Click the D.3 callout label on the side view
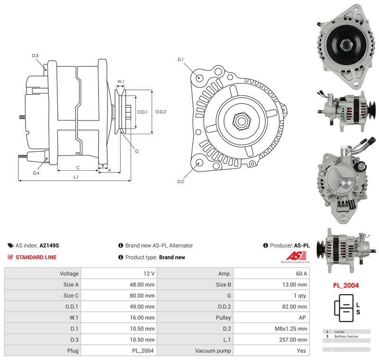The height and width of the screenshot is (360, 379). pyautogui.click(x=35, y=55)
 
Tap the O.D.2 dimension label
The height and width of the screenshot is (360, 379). pyautogui.click(x=161, y=112)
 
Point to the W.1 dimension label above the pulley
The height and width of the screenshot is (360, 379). pyautogui.click(x=121, y=82)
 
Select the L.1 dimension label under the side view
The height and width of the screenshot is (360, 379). pyautogui.click(x=76, y=177)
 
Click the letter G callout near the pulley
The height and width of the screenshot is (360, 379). pyautogui.click(x=137, y=151)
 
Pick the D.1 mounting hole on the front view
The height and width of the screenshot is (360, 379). pyautogui.click(x=199, y=77)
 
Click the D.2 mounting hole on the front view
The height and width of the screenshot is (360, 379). pyautogui.click(x=199, y=163)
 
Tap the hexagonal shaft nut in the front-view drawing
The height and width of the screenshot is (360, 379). pyautogui.click(x=241, y=121)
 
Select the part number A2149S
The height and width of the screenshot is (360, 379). pyautogui.click(x=49, y=245)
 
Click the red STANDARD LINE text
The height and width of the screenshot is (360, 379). pyautogui.click(x=36, y=257)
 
